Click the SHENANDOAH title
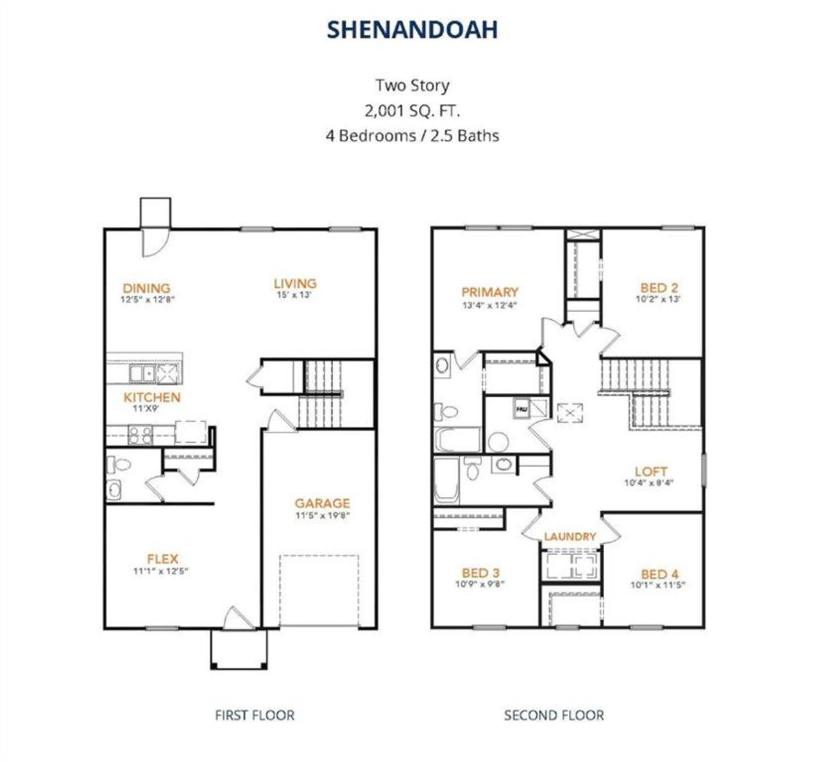(x=412, y=30)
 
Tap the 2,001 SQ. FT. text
(x=412, y=110)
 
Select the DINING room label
(x=147, y=288)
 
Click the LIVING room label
(x=295, y=283)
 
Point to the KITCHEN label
(x=152, y=397)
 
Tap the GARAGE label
(x=323, y=503)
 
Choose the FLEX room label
(x=162, y=559)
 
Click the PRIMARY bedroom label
(x=489, y=292)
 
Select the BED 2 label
(x=659, y=288)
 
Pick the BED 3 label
(x=481, y=573)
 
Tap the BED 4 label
(x=659, y=574)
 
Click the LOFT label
(x=651, y=472)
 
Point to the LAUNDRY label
(x=570, y=536)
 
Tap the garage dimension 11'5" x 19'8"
(x=323, y=515)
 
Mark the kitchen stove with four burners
(x=140, y=435)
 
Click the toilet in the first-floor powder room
(x=118, y=464)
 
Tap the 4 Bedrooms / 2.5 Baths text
(x=412, y=136)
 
